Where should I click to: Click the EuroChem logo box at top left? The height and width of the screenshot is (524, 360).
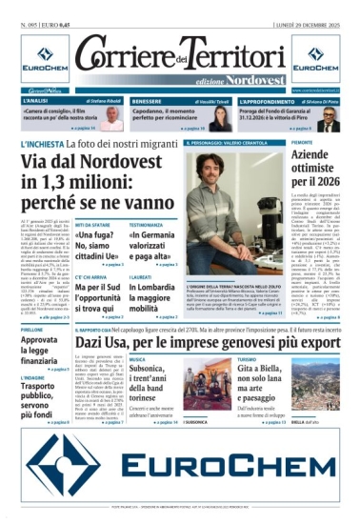[x=36, y=60]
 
